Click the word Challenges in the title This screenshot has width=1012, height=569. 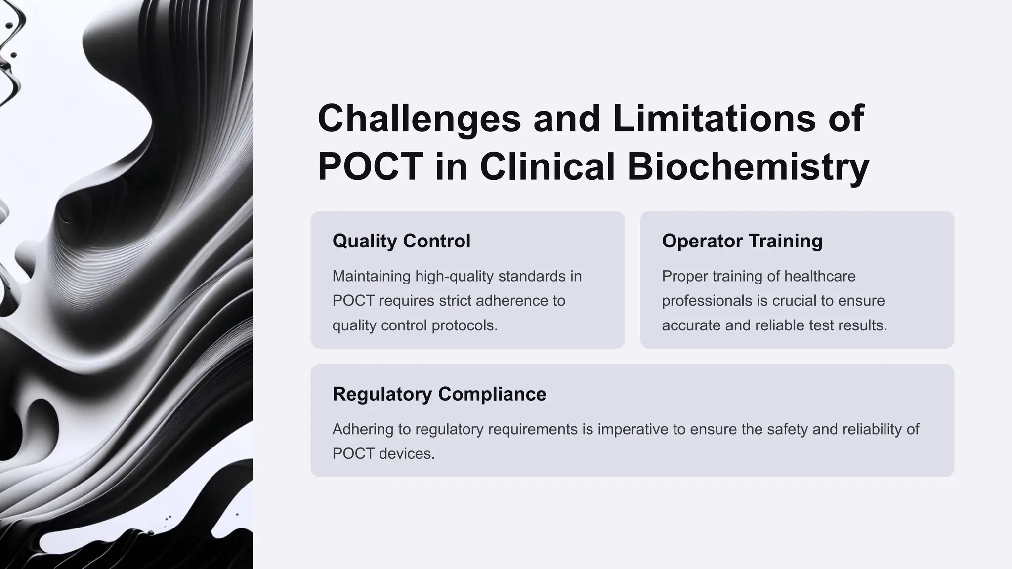click(x=419, y=119)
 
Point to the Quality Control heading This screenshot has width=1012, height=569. click(x=401, y=241)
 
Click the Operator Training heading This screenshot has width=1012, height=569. click(x=742, y=241)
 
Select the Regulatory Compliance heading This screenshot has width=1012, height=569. click(x=439, y=394)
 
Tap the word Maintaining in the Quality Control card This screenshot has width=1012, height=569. click(x=371, y=276)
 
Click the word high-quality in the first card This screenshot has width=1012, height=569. click(x=454, y=276)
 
